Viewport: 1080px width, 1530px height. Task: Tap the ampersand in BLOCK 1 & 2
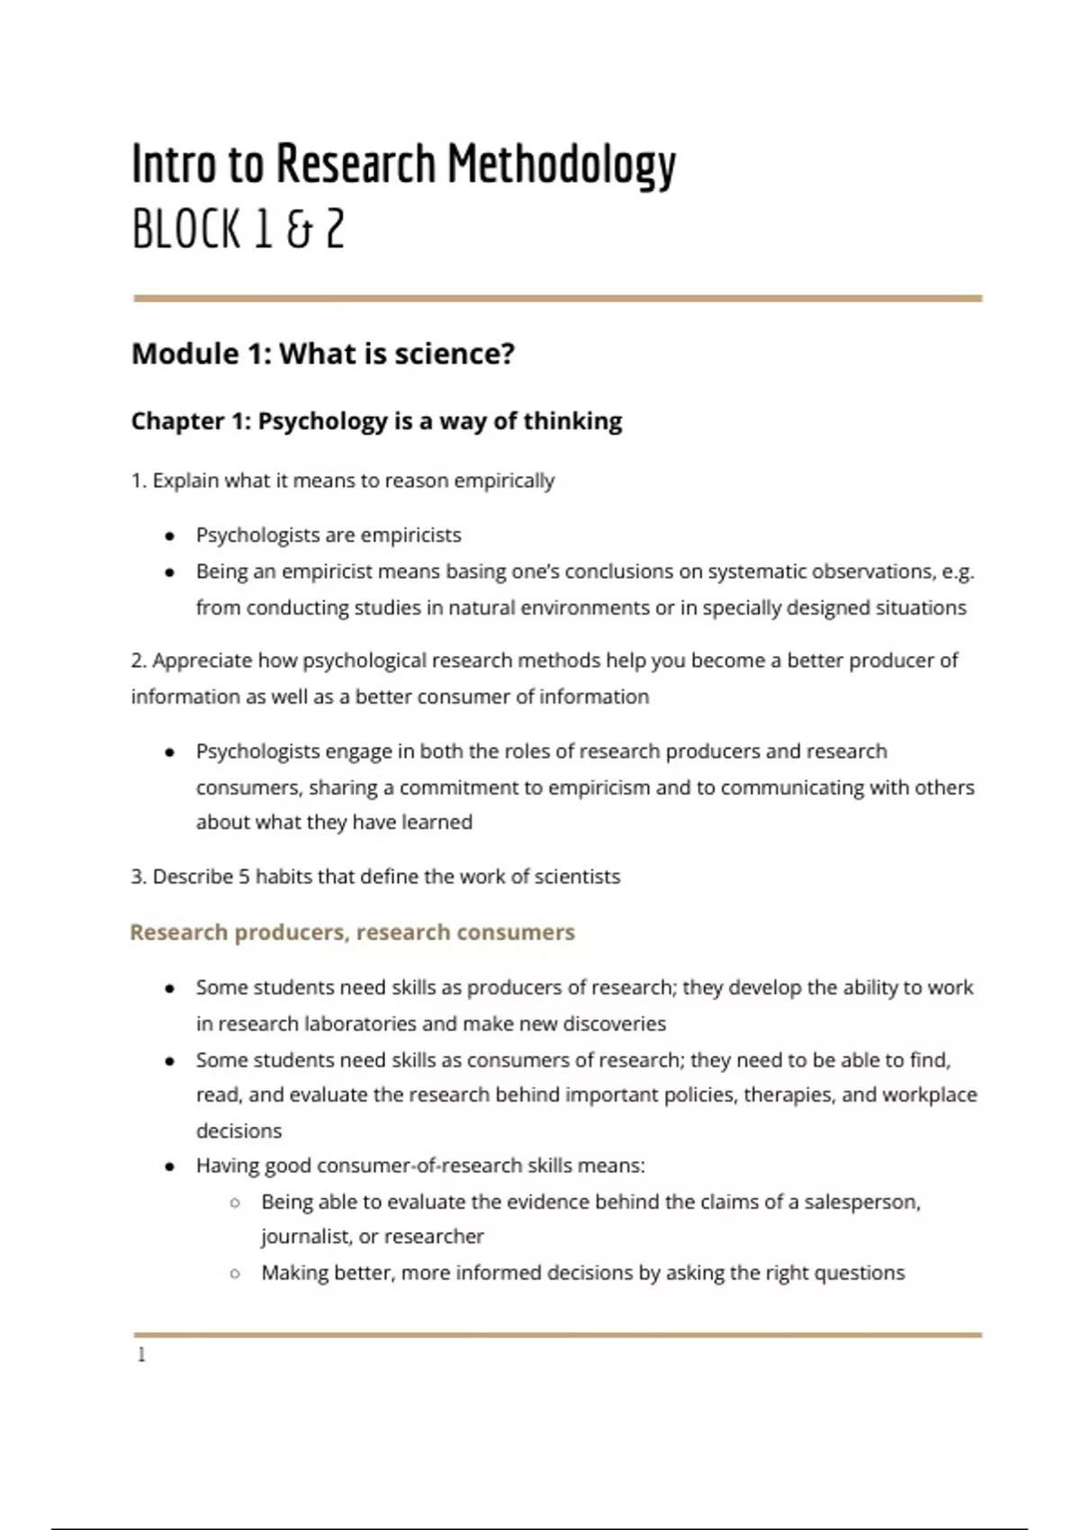(296, 230)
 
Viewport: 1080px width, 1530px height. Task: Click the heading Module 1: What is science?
(323, 354)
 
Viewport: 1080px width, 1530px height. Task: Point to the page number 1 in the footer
(141, 1354)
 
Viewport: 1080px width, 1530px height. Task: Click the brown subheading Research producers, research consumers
(352, 932)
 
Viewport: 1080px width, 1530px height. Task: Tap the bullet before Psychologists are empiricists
(169, 536)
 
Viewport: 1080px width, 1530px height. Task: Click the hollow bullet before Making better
(235, 1273)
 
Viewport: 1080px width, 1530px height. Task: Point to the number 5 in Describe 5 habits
(244, 877)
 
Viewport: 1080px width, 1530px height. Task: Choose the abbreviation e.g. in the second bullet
(958, 572)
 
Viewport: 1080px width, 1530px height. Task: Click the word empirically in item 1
(504, 481)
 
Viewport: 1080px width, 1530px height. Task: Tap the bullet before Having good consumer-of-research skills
(169, 1167)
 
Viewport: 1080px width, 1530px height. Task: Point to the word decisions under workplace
(238, 1131)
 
